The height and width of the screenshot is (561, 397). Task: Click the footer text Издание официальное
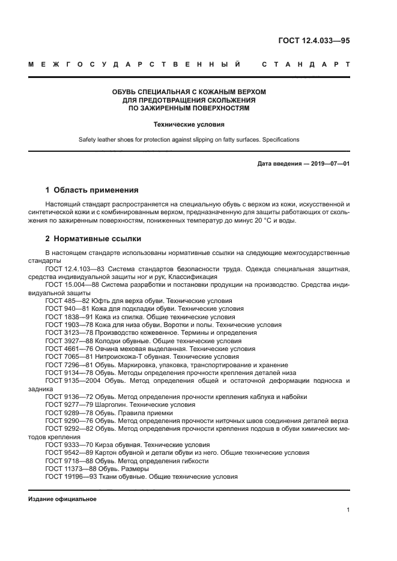[x=62, y=499]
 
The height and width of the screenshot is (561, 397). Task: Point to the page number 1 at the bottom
[x=348, y=511]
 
